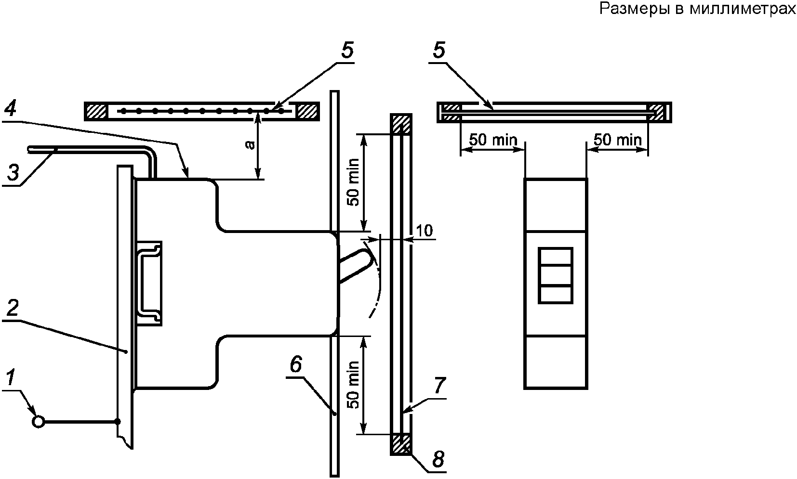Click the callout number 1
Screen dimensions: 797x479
coord(11,377)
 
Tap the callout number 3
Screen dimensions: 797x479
coord(13,173)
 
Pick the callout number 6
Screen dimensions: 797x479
coord(296,364)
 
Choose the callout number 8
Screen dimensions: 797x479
coord(438,459)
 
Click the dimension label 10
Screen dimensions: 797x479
coord(424,231)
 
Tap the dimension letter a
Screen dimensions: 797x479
coord(251,144)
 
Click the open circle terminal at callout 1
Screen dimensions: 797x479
coord(38,422)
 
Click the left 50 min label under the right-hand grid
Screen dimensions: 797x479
coord(493,140)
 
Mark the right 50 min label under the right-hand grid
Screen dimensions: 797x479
coord(617,140)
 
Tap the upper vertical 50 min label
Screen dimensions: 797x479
coord(354,182)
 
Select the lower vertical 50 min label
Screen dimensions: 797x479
coord(354,385)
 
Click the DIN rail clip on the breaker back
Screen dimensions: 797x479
coord(149,284)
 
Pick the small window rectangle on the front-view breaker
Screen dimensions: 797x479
coord(556,275)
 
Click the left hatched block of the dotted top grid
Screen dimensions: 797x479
coord(95,111)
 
